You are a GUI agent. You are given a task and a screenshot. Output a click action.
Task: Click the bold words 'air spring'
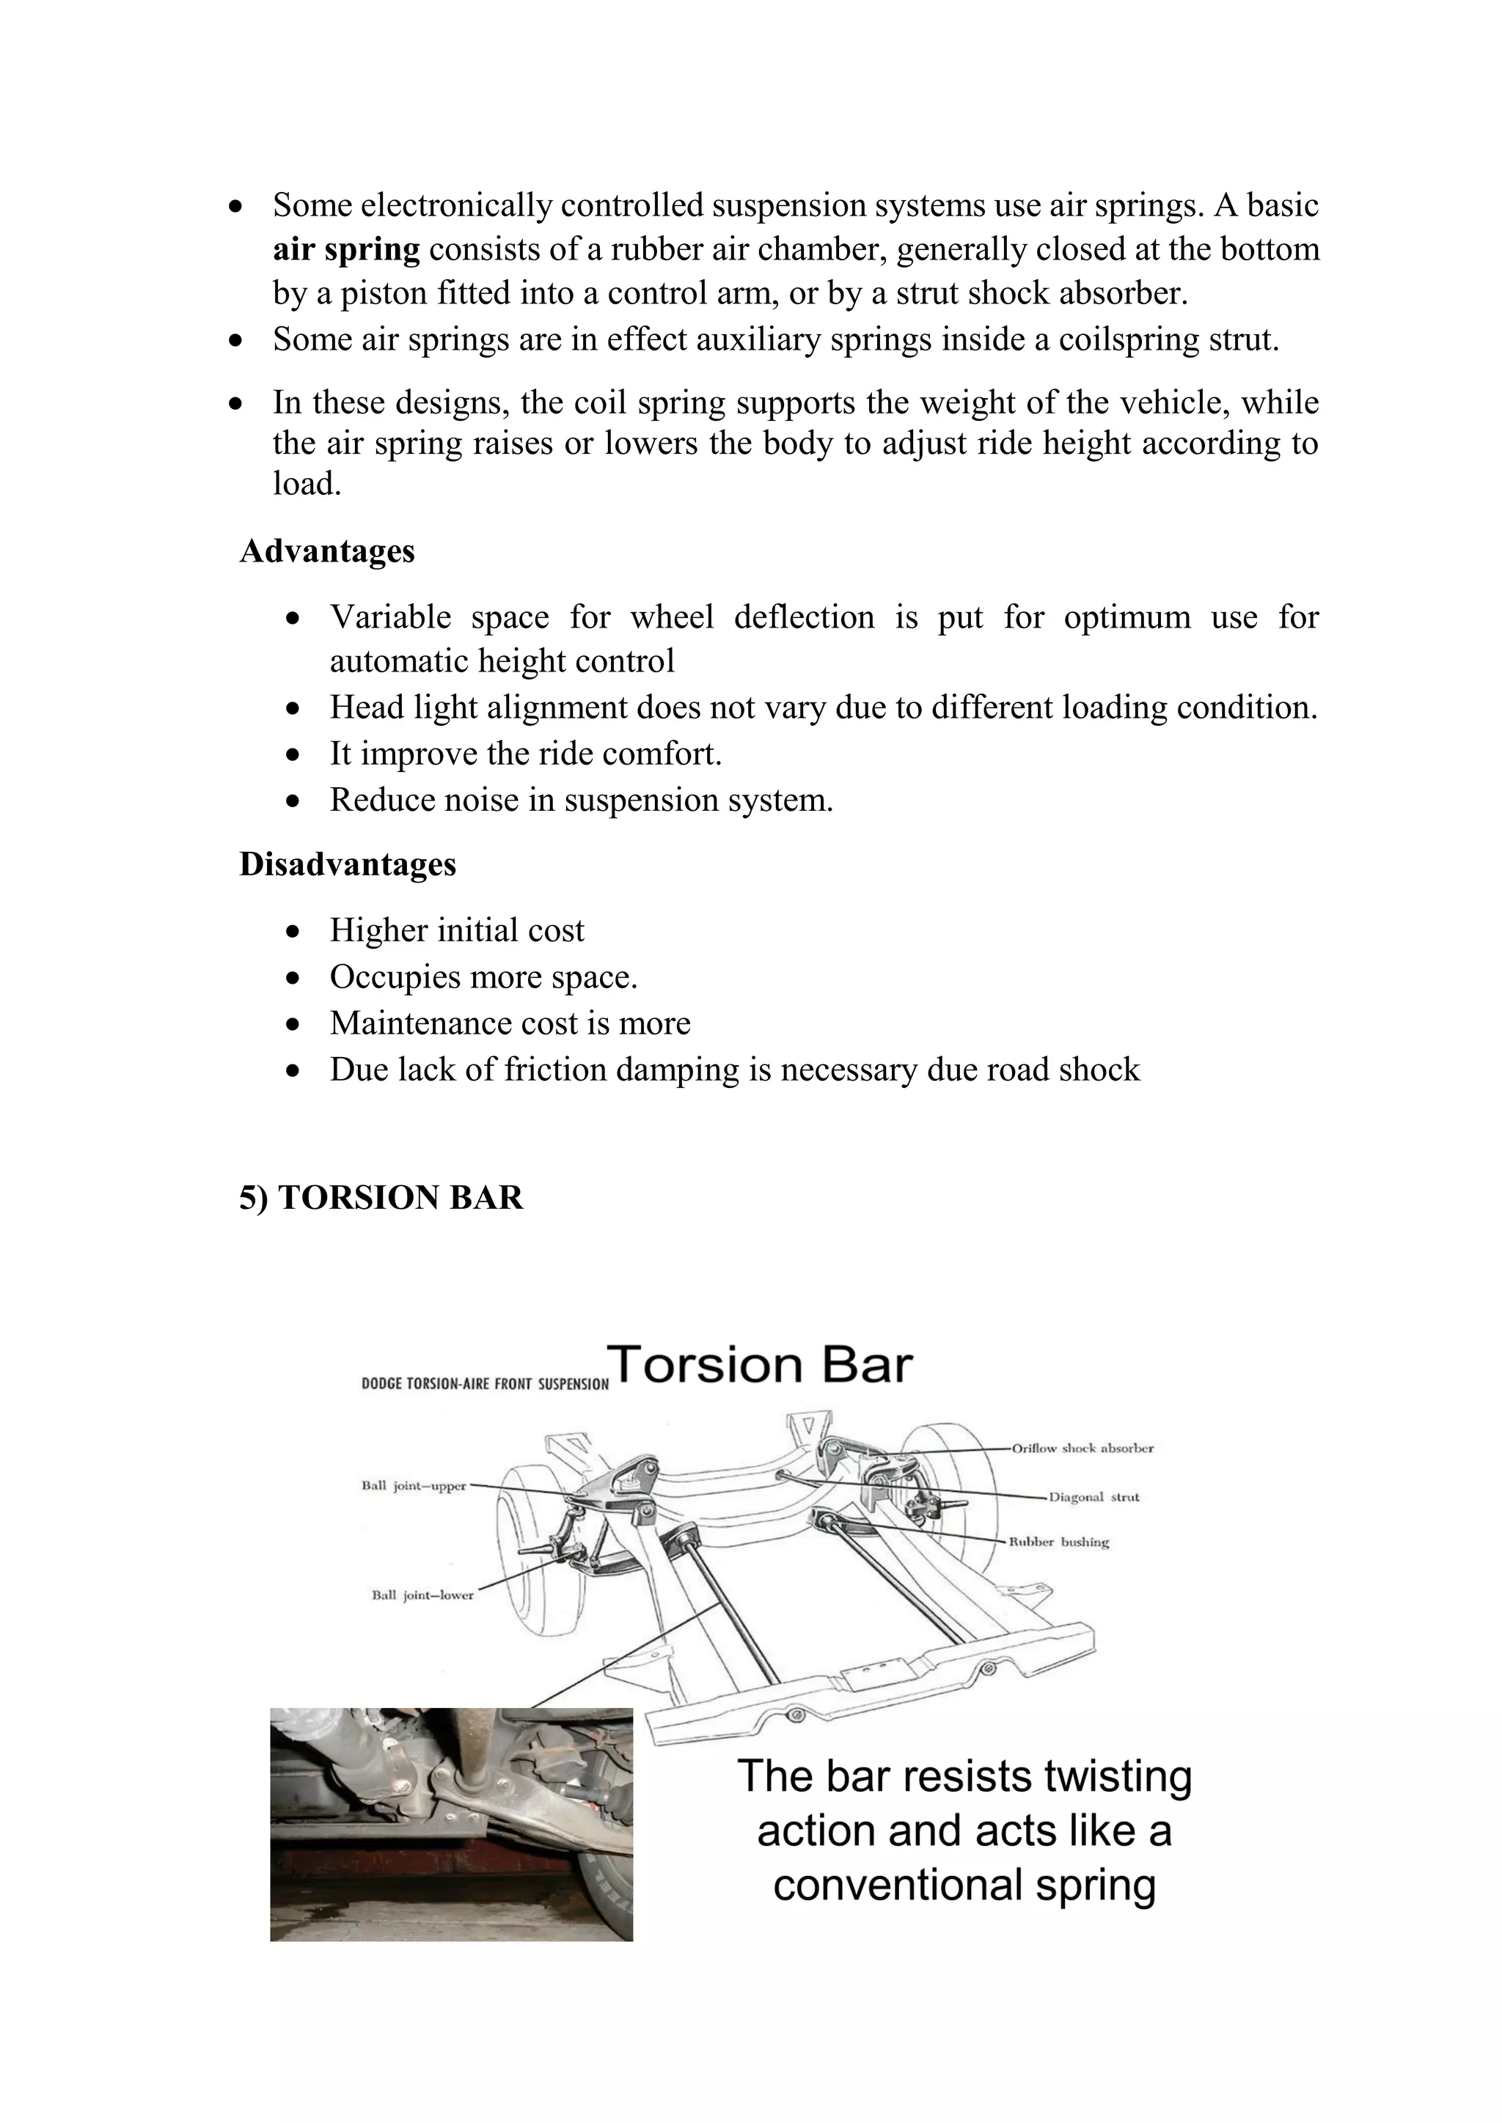click(346, 250)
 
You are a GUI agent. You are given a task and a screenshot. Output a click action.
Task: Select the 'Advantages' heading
click(326, 551)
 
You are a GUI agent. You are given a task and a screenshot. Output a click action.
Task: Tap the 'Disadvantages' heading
click(348, 864)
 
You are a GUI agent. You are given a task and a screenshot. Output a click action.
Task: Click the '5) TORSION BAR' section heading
click(381, 1197)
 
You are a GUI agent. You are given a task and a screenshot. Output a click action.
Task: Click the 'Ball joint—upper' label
click(414, 1486)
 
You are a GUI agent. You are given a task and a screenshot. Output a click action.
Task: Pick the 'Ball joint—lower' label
click(422, 1594)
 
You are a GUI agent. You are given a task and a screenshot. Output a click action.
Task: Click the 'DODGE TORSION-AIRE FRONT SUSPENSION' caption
click(485, 1384)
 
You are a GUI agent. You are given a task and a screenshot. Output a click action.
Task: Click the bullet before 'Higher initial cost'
click(293, 931)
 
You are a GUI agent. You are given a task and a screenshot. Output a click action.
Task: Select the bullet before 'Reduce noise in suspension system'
click(293, 801)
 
